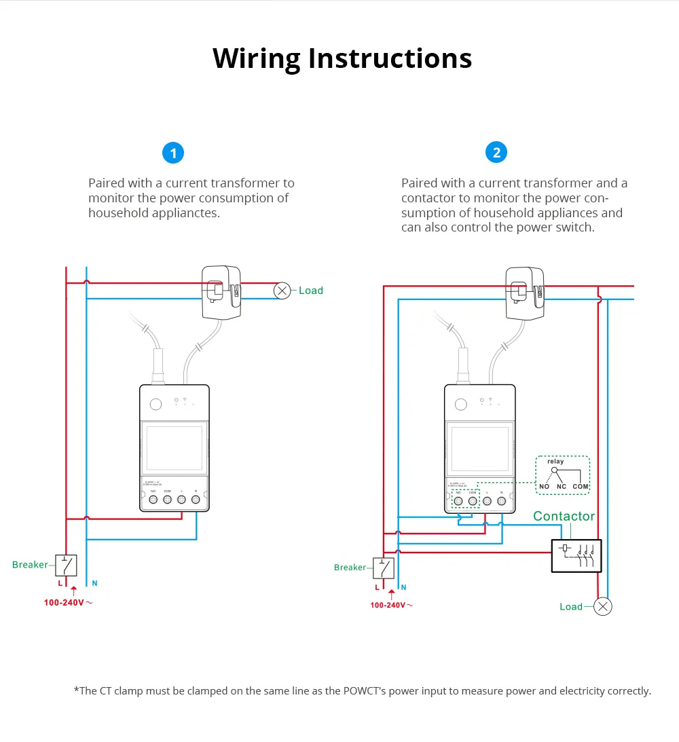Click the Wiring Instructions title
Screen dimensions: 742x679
tap(342, 58)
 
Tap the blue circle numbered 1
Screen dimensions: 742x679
tap(173, 153)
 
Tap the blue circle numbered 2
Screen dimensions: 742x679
tap(496, 153)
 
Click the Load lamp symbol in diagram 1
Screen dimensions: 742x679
tap(282, 291)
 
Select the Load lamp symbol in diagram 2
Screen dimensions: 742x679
tap(602, 606)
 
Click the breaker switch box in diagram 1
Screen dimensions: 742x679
tap(66, 565)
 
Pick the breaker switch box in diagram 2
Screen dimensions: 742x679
tap(385, 568)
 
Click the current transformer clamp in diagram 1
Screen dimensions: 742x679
tap(222, 292)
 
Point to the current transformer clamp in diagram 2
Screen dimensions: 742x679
tap(526, 293)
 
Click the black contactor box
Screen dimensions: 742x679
tap(576, 555)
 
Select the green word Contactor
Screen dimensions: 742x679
tap(564, 517)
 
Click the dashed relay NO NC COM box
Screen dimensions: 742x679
tap(562, 475)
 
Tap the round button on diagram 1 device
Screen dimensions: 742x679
tap(155, 404)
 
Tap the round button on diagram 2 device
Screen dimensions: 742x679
tap(461, 404)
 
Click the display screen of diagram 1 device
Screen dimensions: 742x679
tap(175, 448)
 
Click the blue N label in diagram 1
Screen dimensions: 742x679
tap(94, 583)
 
